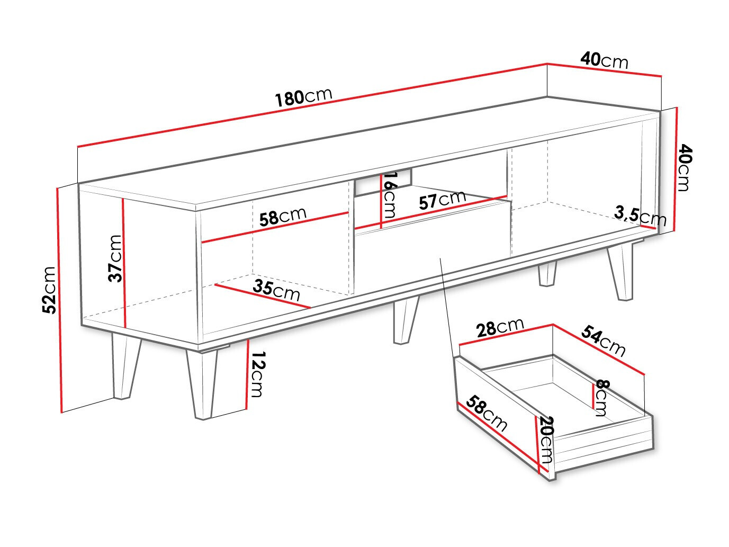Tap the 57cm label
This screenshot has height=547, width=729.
click(442, 200)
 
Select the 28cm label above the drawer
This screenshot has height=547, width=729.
click(500, 327)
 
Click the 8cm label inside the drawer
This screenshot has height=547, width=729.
click(602, 397)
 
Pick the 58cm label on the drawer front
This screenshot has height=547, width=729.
click(488, 413)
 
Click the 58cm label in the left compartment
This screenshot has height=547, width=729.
click(283, 217)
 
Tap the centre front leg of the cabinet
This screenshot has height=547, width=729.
click(405, 320)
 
